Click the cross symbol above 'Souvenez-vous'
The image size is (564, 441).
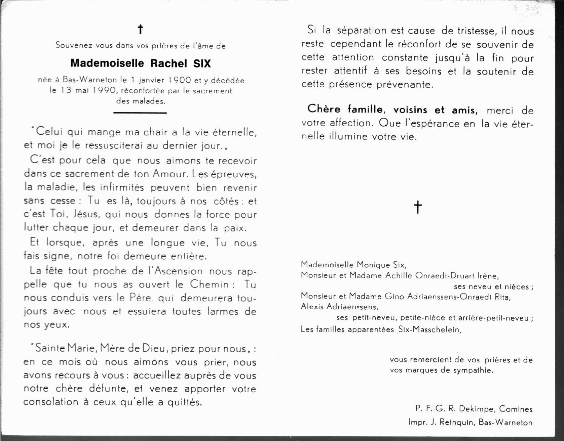[x=140, y=30]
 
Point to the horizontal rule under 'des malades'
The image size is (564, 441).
[x=140, y=113]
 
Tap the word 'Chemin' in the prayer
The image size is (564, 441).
[x=209, y=284]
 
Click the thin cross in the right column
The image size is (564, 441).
[x=417, y=207]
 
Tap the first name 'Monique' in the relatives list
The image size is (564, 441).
[x=373, y=265]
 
